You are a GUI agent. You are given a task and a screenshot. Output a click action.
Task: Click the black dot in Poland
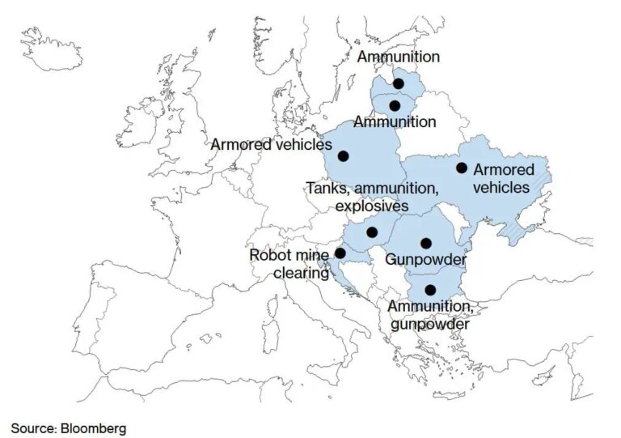(343, 155)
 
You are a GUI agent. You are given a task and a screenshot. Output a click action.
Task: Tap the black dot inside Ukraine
(462, 168)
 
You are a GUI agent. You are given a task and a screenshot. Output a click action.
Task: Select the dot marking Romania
(425, 243)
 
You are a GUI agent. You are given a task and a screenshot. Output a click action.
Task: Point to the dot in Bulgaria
(430, 290)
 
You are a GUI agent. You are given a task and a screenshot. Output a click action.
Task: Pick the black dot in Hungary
(372, 232)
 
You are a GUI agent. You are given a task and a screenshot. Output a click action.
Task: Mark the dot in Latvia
(399, 83)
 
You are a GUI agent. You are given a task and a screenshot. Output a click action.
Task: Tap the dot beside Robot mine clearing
(340, 253)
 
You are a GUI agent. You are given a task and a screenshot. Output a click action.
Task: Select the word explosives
(372, 206)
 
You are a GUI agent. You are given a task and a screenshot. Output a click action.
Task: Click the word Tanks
(325, 189)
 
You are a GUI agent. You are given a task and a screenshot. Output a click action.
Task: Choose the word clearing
(300, 274)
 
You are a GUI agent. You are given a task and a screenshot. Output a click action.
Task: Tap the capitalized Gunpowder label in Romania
(425, 260)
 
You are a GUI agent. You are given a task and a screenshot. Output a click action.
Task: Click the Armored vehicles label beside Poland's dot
(272, 145)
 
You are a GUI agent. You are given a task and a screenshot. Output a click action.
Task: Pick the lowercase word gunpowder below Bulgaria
(429, 324)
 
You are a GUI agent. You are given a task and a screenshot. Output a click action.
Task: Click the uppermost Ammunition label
(399, 57)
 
